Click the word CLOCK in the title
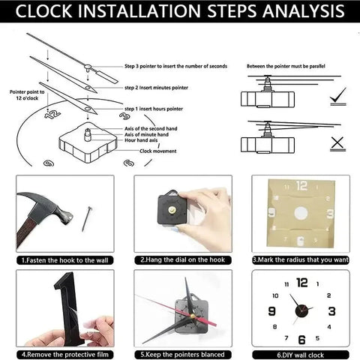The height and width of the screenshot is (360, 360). (x=50, y=12)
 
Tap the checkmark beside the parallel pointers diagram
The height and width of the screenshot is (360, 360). (x=337, y=95)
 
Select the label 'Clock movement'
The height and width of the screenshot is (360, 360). (x=155, y=150)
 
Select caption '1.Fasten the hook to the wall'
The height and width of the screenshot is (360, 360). (x=64, y=259)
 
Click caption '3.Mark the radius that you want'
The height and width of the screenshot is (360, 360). (x=300, y=259)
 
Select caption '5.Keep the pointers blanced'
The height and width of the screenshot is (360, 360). (x=182, y=353)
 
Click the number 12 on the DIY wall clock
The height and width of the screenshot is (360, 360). (x=301, y=283)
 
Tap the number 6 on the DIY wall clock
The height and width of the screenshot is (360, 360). (x=301, y=339)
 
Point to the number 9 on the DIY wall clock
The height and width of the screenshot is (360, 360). (x=271, y=311)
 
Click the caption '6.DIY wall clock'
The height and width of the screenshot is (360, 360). (x=300, y=353)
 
